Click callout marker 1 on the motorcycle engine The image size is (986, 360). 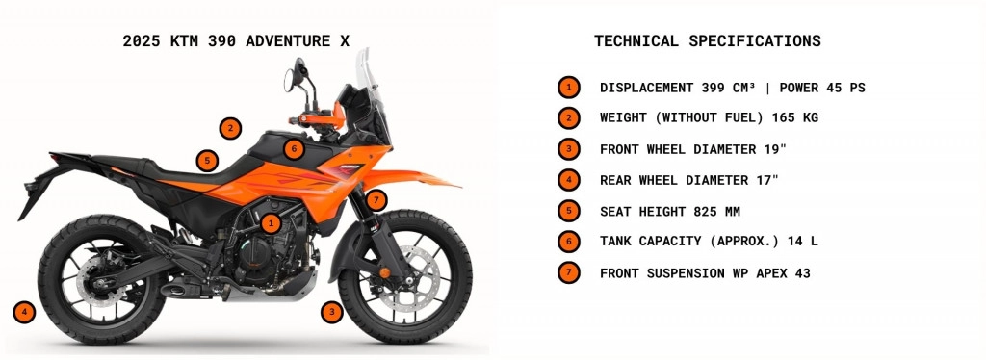click(271, 222)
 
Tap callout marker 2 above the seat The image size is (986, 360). click(230, 128)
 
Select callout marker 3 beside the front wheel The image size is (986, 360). click(331, 312)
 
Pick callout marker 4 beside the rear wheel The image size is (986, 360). click(24, 312)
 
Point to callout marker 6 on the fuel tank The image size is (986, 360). click(294, 149)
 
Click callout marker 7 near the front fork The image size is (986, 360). click(376, 200)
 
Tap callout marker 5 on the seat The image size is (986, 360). click(207, 161)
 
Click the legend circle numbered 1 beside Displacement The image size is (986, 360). click(568, 88)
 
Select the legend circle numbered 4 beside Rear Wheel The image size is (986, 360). click(568, 180)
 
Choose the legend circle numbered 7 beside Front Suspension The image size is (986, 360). click(568, 272)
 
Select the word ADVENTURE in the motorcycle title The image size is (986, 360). click(288, 40)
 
